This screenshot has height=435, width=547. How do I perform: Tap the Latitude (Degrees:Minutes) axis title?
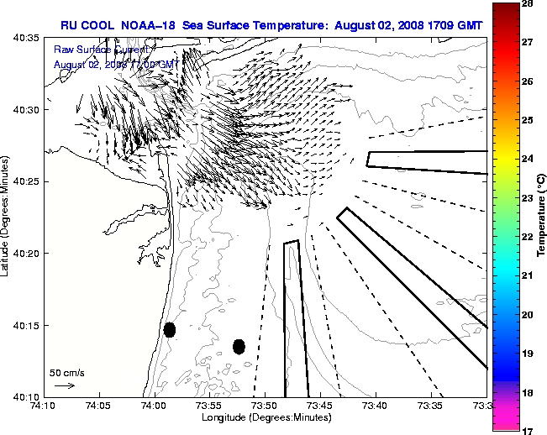point(6,217)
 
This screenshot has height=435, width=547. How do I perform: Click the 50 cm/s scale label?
point(67,372)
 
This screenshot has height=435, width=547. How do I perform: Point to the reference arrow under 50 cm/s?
point(64,385)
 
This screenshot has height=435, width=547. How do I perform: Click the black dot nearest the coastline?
point(170,329)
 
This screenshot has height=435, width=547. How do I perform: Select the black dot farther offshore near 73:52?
point(239,346)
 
